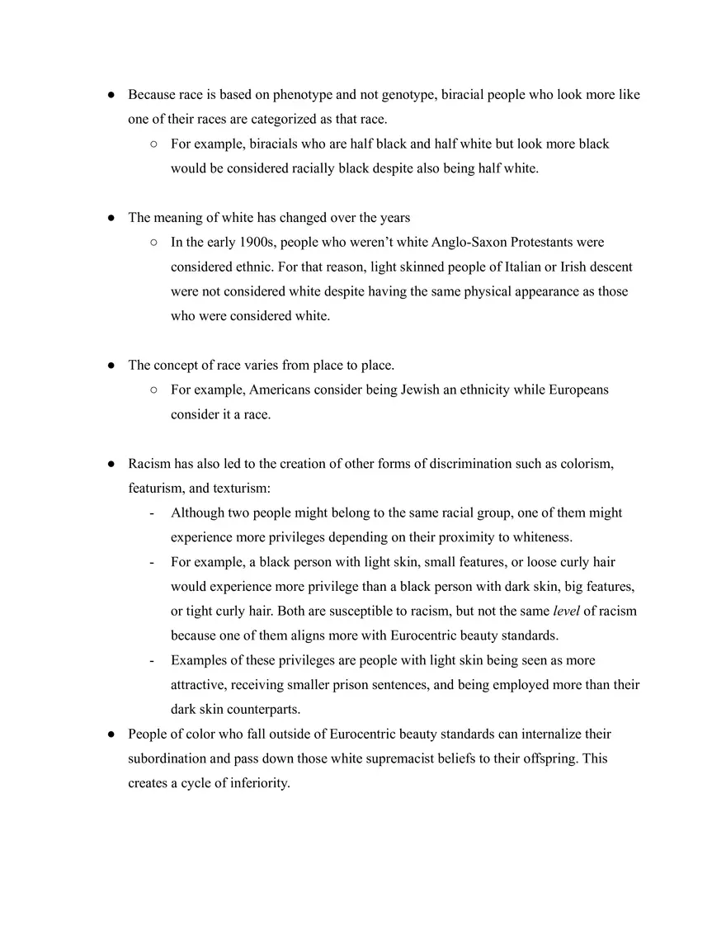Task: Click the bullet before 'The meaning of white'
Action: [111, 218]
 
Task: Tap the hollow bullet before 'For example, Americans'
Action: [153, 390]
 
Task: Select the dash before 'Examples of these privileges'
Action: [152, 661]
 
